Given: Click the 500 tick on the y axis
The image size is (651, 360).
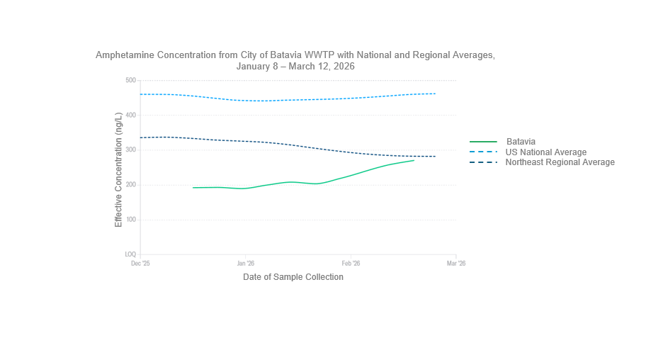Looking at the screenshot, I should click(x=130, y=80).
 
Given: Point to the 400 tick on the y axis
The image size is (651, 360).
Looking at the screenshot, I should click(x=130, y=115).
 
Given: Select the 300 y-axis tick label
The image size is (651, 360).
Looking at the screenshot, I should click(x=130, y=150).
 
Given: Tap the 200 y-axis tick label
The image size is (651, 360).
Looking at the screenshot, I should click(x=130, y=185).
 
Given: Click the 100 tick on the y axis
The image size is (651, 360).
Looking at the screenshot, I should click(x=130, y=220).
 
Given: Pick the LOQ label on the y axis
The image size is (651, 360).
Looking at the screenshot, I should click(x=130, y=254).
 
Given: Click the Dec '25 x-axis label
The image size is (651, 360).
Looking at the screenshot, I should click(x=140, y=264).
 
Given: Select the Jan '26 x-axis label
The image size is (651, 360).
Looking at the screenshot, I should click(x=245, y=264).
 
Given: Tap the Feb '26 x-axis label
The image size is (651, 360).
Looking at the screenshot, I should click(x=351, y=264).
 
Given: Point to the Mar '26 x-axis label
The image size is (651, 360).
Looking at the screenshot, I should click(x=455, y=264).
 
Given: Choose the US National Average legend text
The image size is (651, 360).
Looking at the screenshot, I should click(x=545, y=152).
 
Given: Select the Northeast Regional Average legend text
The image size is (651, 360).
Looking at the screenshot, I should click(x=560, y=162).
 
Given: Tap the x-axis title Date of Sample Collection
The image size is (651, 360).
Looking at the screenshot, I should click(x=293, y=277).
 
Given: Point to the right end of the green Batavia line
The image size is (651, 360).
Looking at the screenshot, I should click(x=414, y=160).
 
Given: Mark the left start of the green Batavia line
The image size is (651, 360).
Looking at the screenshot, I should click(x=193, y=188).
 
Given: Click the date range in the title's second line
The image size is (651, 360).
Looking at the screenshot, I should click(x=295, y=66).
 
